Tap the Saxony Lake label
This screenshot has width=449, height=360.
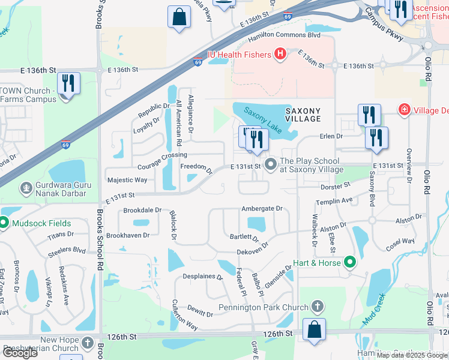[262, 119]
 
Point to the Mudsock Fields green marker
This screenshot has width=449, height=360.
[3, 223]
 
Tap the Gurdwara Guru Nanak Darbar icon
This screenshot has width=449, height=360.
[26, 188]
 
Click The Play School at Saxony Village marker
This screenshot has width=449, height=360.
[271, 163]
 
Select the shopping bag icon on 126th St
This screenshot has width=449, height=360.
[314, 329]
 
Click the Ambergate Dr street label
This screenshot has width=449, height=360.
[262, 208]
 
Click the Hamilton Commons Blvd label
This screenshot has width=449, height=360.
[285, 36]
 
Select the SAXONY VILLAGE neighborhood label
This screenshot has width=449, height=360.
[303, 115]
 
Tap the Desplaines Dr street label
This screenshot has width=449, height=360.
[202, 278]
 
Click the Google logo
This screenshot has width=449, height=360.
[20, 353]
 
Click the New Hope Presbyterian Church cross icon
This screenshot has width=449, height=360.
[88, 342]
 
